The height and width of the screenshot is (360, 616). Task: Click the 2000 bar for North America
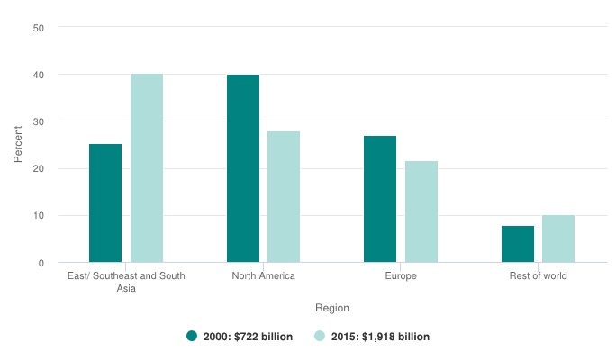tap(243, 168)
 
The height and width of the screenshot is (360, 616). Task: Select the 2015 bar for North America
tap(284, 197)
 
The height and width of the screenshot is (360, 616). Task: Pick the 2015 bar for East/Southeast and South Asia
tap(147, 168)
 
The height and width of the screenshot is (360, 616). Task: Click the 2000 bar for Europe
tap(380, 199)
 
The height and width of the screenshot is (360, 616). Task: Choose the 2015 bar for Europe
tap(421, 211)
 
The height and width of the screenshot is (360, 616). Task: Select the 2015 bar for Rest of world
tap(558, 238)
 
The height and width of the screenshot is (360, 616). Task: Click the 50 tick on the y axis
tap(39, 27)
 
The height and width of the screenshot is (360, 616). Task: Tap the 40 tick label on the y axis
tap(39, 75)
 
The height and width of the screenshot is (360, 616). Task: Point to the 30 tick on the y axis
tap(39, 121)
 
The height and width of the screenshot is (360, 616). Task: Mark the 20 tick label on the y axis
tap(39, 169)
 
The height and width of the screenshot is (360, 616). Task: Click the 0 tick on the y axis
tap(41, 263)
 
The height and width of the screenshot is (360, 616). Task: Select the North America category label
tap(263, 275)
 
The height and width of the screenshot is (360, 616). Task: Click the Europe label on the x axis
tap(401, 275)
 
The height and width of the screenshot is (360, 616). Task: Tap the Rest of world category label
tap(538, 275)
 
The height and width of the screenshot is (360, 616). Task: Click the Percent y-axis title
tap(18, 145)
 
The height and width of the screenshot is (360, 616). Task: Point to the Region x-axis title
tap(332, 308)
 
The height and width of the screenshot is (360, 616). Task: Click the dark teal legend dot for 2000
tap(192, 337)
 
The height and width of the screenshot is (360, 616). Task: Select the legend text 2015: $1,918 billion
tap(379, 337)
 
